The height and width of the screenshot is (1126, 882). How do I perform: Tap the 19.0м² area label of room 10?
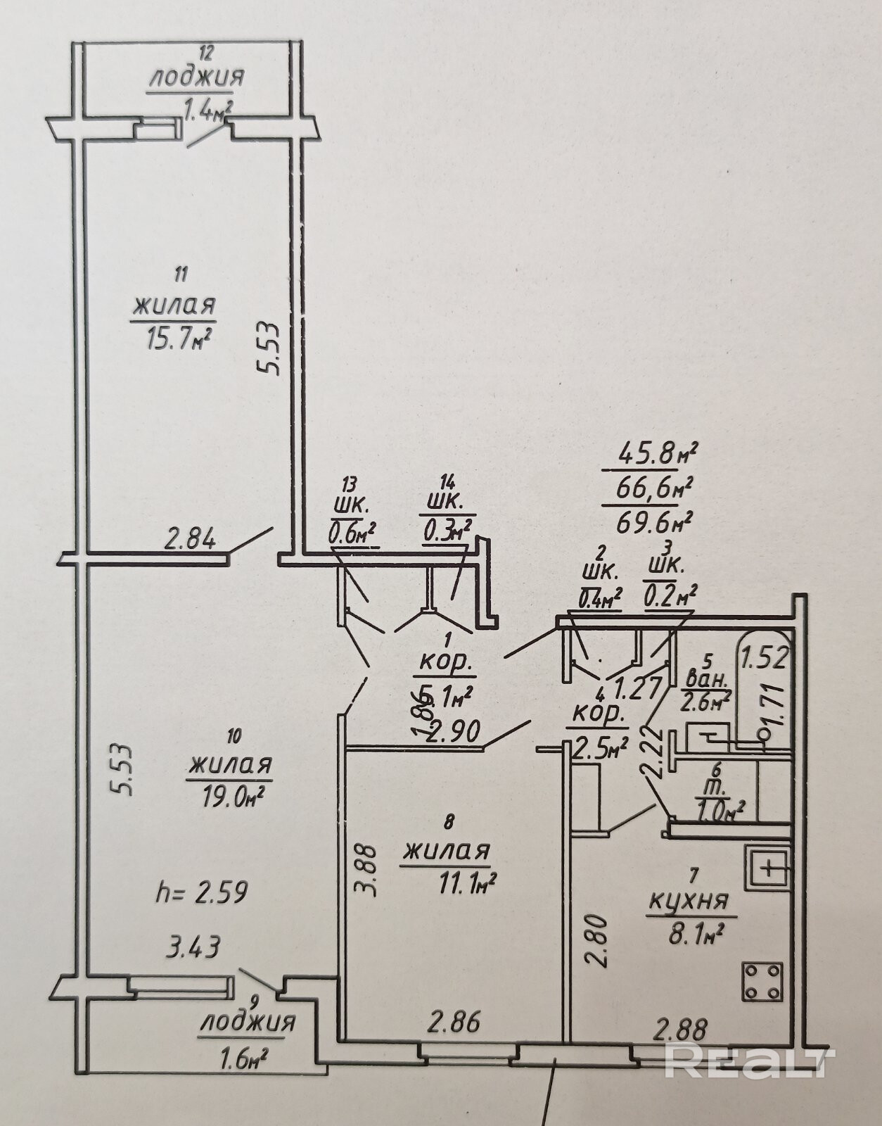(x=230, y=795)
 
